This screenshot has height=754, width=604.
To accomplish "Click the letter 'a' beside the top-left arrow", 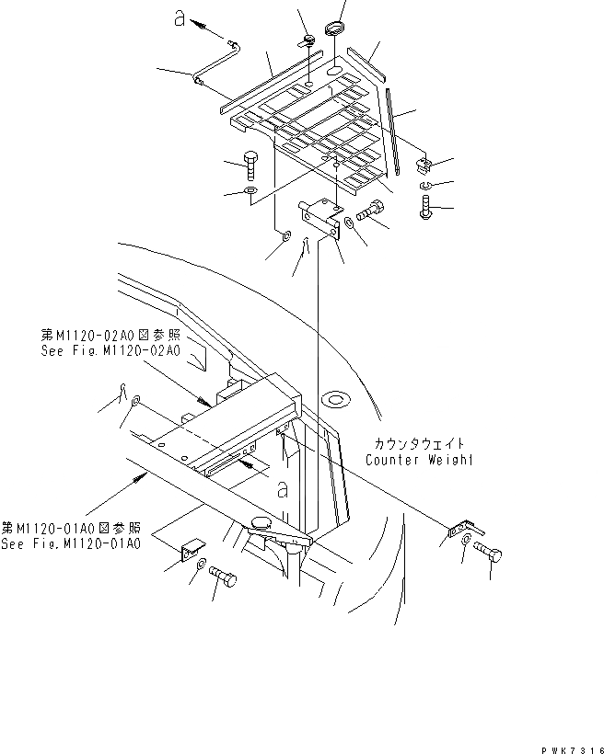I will (180, 16).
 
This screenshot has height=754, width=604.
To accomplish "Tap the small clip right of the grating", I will (424, 166).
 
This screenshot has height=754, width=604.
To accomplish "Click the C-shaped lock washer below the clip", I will (425, 188).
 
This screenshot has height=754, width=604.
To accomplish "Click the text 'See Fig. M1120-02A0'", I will (110, 350).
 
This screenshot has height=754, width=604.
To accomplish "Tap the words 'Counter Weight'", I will (418, 459).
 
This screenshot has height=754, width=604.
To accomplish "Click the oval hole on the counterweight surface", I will (335, 400).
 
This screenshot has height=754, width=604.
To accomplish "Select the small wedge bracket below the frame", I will (191, 552).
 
